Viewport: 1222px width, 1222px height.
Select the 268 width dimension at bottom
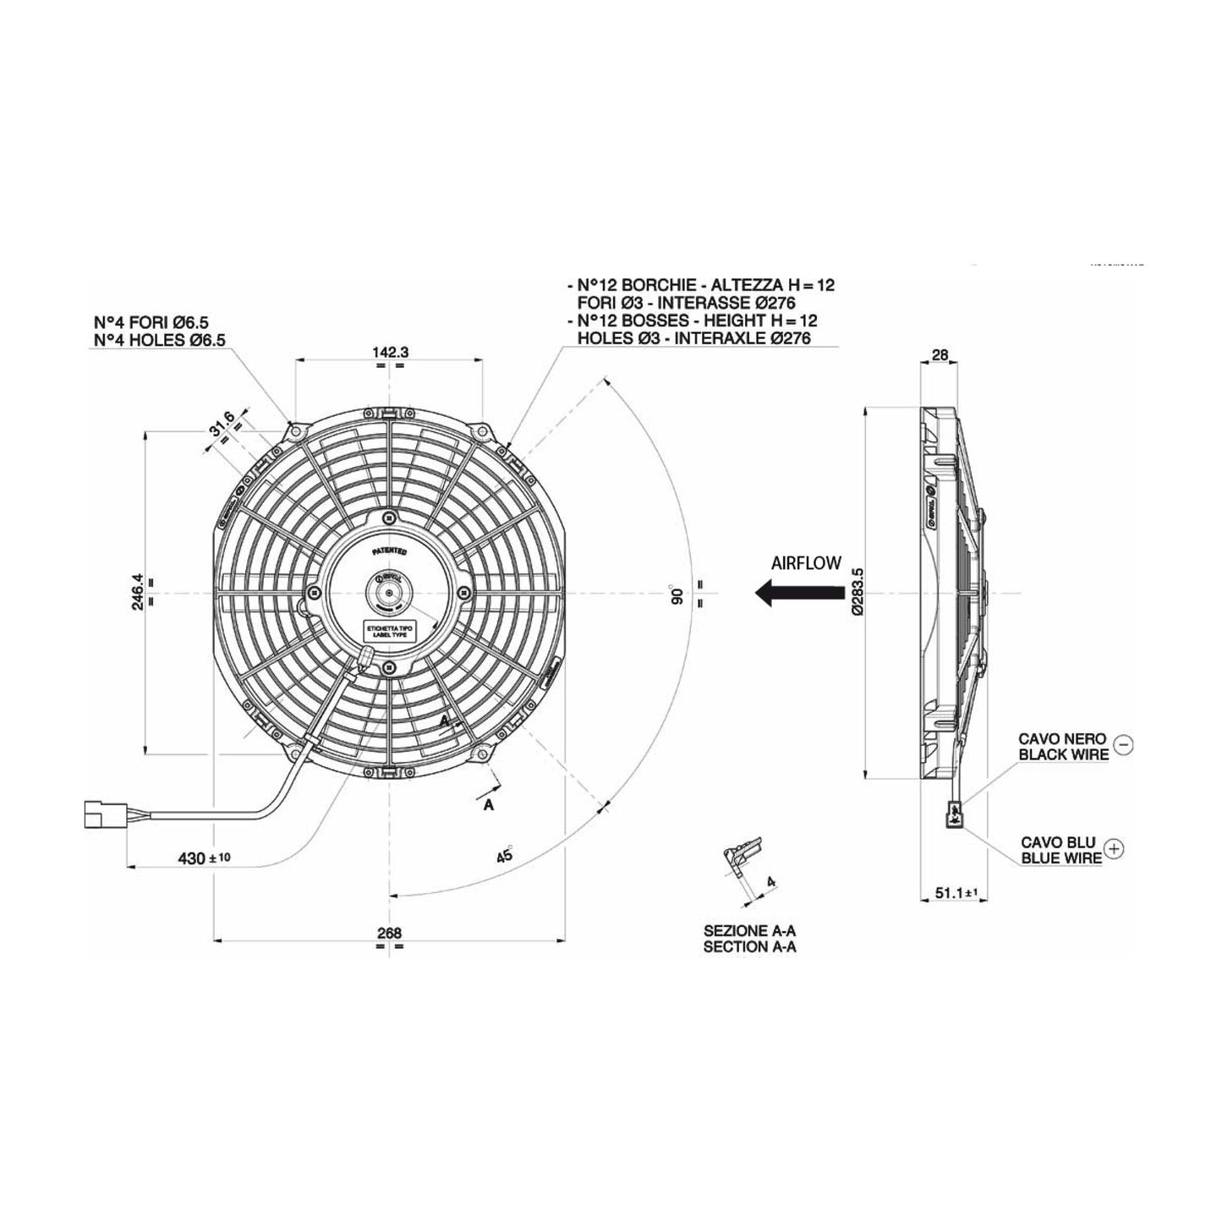coord(389,933)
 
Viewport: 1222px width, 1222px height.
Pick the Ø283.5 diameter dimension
coord(858,591)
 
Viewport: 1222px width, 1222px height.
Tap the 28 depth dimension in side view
coord(939,355)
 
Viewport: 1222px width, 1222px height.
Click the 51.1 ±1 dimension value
coord(953,891)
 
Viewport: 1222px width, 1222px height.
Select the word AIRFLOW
coord(806,563)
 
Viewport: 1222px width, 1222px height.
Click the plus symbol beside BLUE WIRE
coord(1115,849)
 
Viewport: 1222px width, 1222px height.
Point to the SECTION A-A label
coord(749,947)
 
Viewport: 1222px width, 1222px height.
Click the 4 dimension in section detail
coord(770,881)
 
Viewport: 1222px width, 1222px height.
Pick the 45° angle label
coord(505,855)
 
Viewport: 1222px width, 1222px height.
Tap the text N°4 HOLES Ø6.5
coord(160,340)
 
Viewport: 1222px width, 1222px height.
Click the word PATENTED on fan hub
coord(389,551)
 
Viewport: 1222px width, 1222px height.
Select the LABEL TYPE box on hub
coord(389,632)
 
